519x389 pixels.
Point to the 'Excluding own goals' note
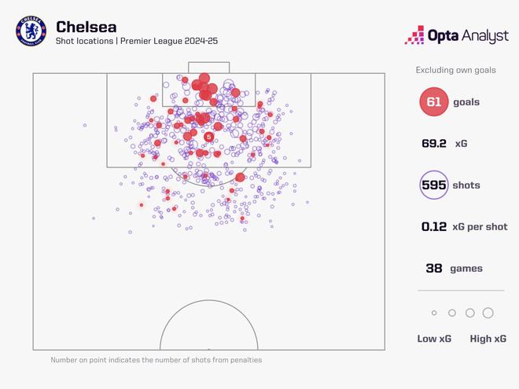pos(456,71)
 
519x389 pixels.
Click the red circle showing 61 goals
pos(434,102)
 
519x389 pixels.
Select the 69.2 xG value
pos(434,144)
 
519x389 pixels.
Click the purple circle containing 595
pos(434,186)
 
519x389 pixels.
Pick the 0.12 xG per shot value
pos(434,227)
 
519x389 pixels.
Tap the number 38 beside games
pos(434,269)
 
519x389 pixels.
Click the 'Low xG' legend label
pos(433,339)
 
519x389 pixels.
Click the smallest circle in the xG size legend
pos(434,313)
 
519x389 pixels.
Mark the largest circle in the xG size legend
pos(488,313)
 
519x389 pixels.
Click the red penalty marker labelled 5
pos(208,137)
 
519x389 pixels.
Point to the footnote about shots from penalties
pos(156,360)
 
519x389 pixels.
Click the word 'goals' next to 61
pos(465,102)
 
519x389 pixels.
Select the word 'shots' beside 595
pos(465,186)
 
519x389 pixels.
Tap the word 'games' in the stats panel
pos(466,269)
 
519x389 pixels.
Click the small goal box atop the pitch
pos(209,68)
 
